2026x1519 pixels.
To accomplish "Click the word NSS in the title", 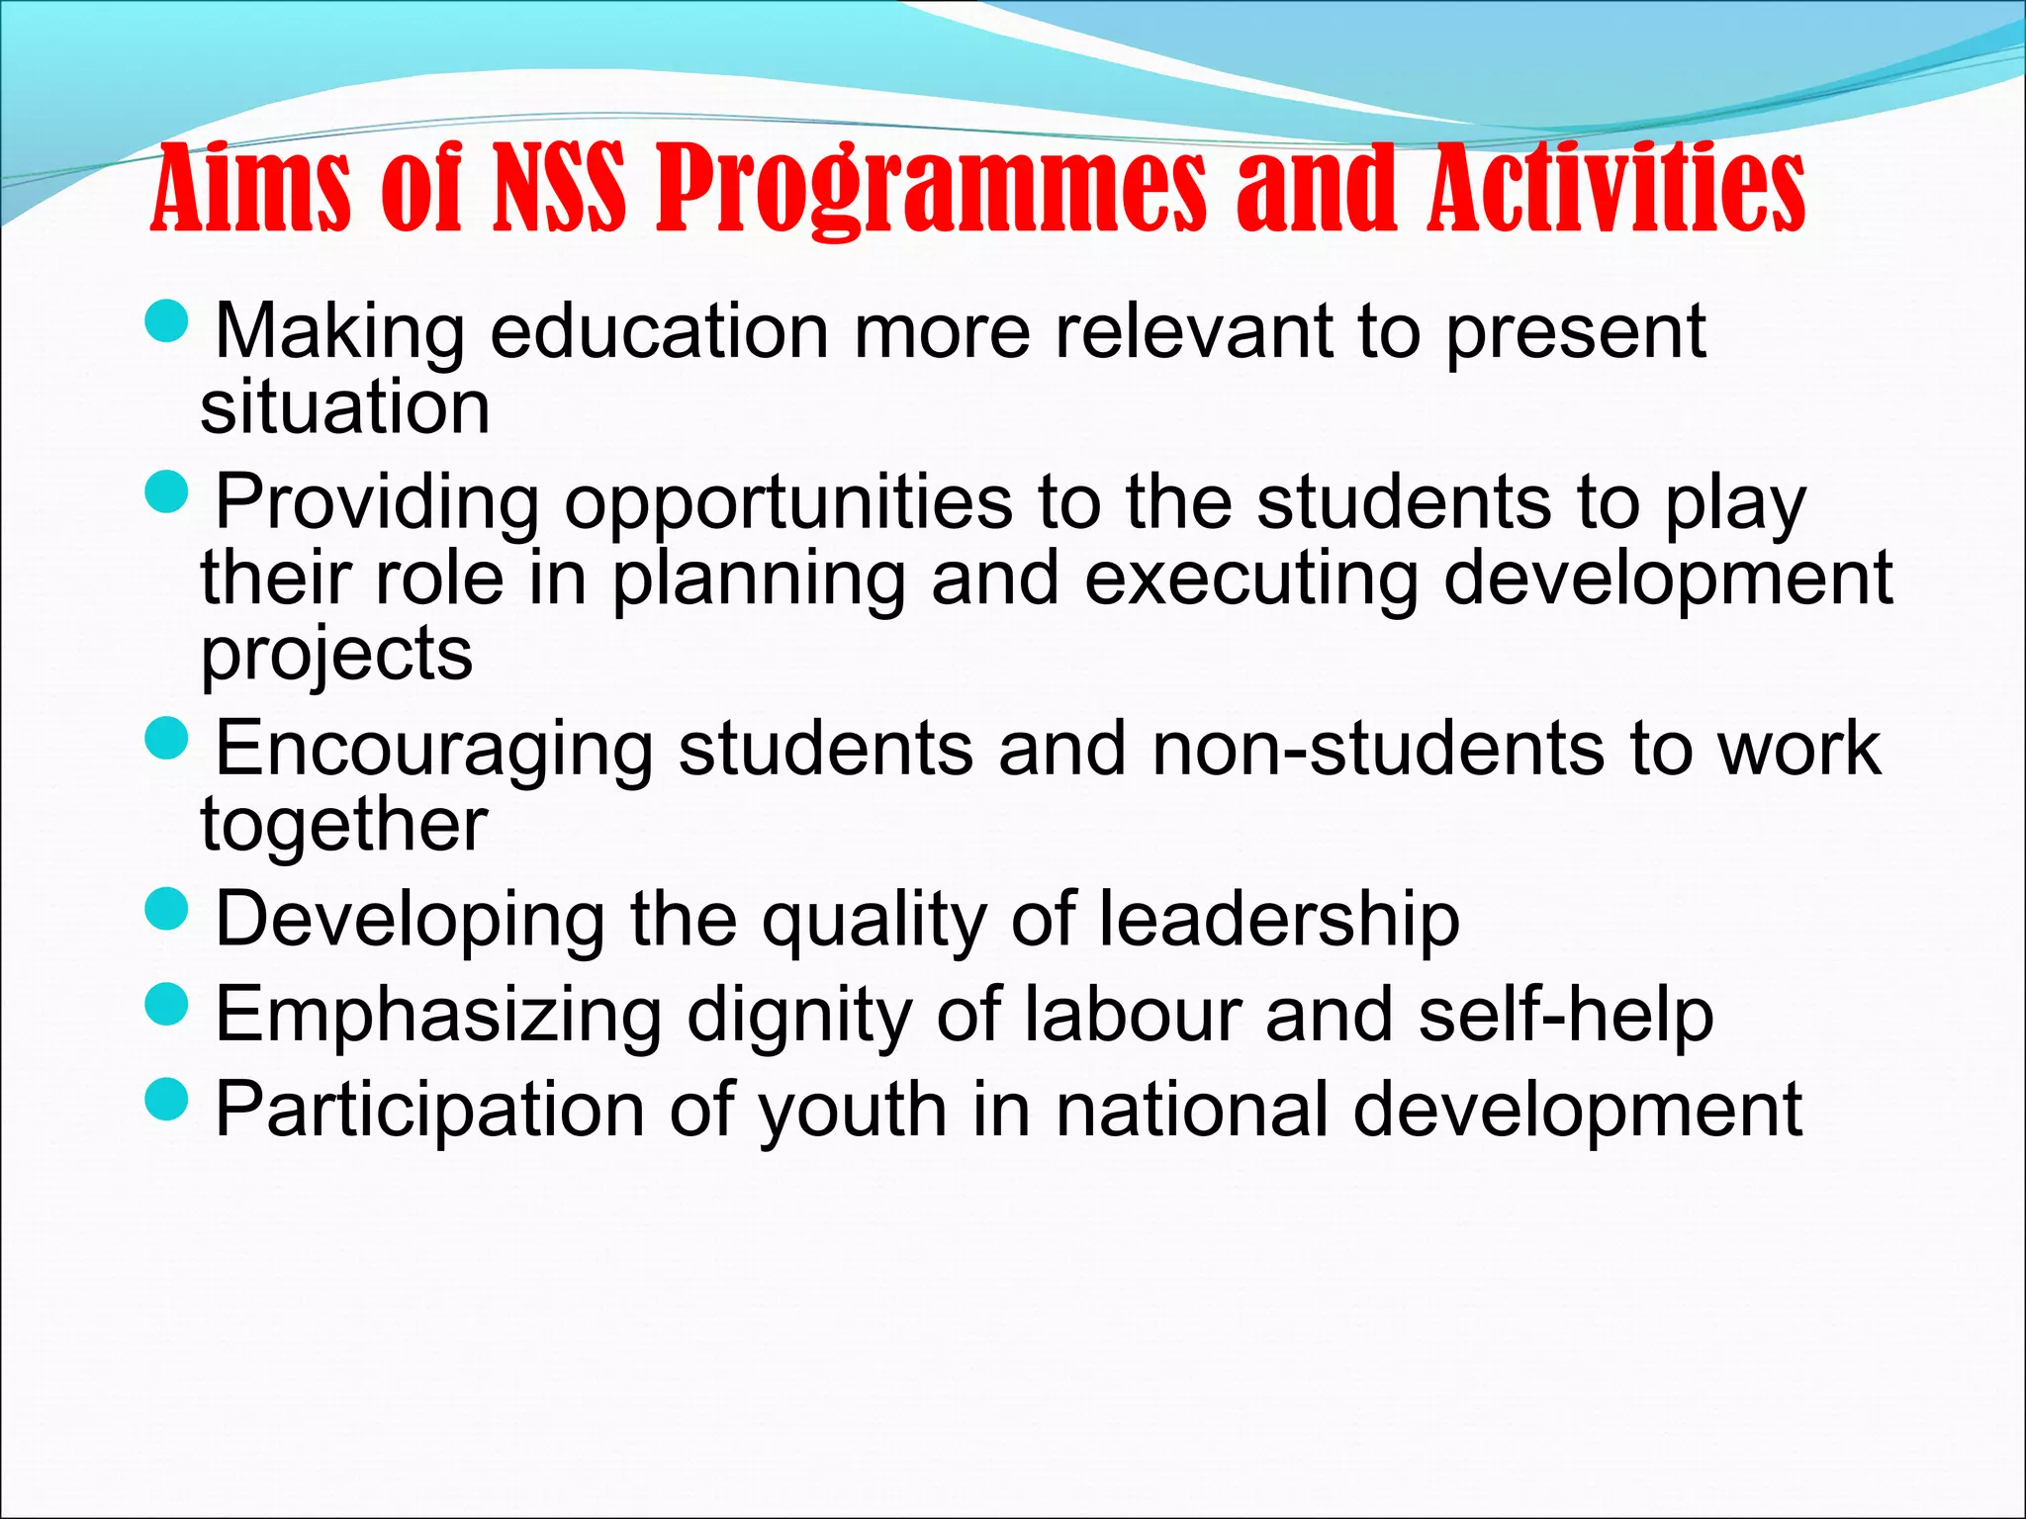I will [559, 188].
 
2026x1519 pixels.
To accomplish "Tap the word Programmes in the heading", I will [932, 190].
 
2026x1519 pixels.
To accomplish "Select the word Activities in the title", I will [1616, 188].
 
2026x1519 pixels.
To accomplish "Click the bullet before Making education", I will [165, 321].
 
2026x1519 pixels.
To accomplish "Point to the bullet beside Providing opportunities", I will [165, 491].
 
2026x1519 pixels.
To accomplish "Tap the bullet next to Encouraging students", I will [165, 738].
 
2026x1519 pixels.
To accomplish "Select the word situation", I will [345, 406].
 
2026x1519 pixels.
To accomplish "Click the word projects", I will [337, 655].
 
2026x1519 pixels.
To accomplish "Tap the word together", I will [344, 824].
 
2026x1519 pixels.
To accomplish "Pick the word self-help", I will [1566, 1016].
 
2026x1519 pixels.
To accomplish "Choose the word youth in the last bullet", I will [853, 1111].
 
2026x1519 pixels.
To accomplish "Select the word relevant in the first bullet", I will [1194, 331].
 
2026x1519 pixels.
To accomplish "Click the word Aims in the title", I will [251, 188].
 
